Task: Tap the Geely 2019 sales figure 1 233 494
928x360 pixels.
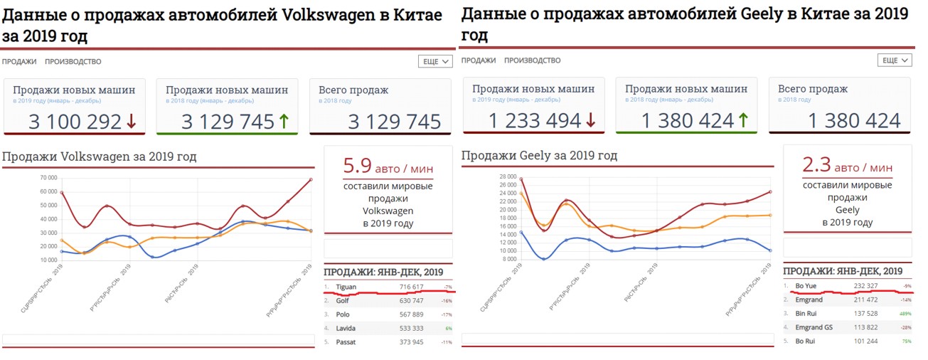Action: (535, 122)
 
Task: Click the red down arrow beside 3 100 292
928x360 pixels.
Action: (131, 122)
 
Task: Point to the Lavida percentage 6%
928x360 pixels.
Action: (448, 329)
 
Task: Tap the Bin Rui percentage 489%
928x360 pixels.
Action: (906, 314)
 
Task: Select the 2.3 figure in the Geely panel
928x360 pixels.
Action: (817, 166)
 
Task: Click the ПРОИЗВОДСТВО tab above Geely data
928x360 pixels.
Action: (532, 61)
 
